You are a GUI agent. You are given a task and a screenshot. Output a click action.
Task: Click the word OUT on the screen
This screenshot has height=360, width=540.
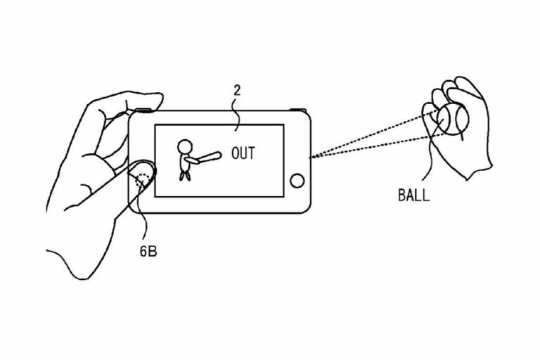click(243, 153)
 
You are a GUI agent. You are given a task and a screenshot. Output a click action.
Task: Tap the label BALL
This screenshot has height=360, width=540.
click(413, 195)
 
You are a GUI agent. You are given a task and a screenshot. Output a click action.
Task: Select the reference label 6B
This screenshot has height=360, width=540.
click(148, 252)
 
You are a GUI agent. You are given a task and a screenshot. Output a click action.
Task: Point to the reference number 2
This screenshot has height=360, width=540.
click(237, 91)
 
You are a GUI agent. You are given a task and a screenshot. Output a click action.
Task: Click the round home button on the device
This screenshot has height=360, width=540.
click(297, 181)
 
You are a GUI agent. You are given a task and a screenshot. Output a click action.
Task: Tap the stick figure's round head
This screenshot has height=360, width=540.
click(185, 147)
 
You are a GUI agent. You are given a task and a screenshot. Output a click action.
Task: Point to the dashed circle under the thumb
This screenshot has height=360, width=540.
click(143, 180)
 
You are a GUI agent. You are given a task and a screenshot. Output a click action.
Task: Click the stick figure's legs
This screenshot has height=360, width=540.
click(185, 176)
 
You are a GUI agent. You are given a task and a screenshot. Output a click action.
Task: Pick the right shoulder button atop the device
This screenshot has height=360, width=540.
click(297, 110)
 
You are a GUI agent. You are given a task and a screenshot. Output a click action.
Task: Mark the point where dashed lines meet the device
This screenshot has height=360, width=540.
click(310, 157)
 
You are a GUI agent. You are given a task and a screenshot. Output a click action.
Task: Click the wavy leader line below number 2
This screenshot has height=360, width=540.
click(236, 114)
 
